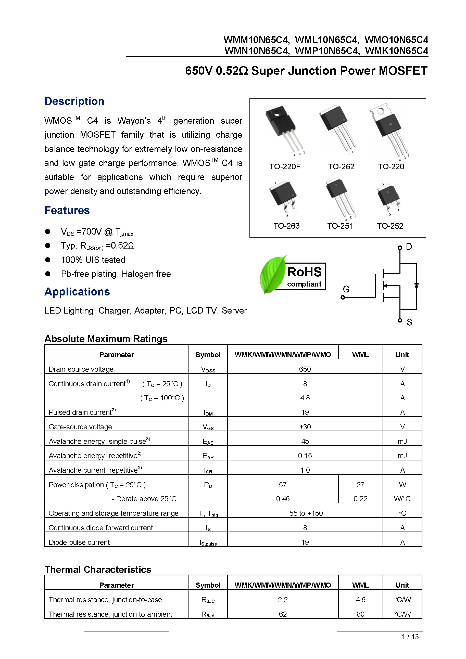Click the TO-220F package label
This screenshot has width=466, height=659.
(x=285, y=166)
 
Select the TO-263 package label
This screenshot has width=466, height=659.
(x=286, y=226)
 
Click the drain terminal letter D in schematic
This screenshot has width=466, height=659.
(x=409, y=247)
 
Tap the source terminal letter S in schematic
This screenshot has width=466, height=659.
(x=409, y=322)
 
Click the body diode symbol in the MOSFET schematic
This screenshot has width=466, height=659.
(x=416, y=285)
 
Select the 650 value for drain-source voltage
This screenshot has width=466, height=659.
(x=305, y=369)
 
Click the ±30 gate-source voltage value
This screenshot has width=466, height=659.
(x=305, y=427)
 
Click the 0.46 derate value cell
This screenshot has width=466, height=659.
(x=283, y=499)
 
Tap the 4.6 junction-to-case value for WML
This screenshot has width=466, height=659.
(x=360, y=600)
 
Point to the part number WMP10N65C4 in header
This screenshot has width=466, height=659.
(x=327, y=51)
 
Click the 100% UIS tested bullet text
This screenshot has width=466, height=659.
(x=93, y=260)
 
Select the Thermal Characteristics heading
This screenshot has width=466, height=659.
(x=98, y=570)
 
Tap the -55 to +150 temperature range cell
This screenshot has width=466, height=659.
(x=305, y=513)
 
